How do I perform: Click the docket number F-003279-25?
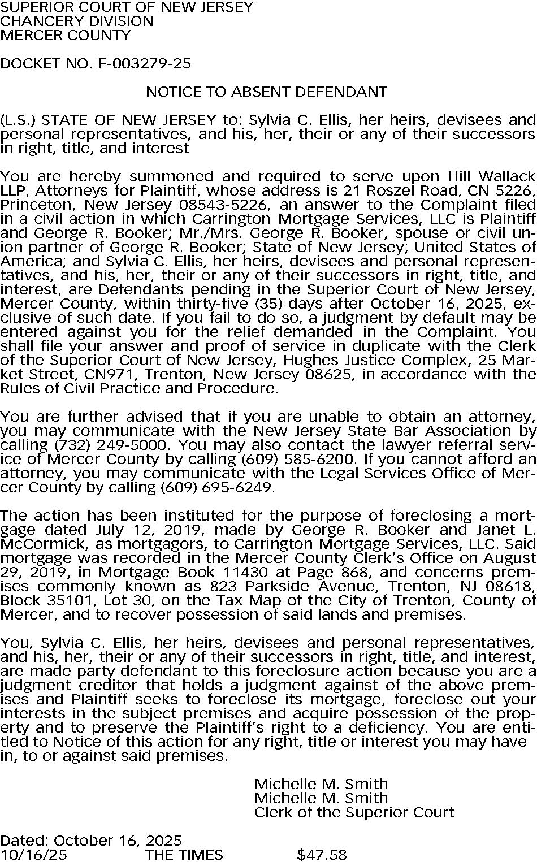144,63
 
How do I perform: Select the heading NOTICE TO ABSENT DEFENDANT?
266,92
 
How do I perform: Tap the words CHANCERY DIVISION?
77,21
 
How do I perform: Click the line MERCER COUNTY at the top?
66,35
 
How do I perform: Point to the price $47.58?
322,854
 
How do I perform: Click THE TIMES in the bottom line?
184,854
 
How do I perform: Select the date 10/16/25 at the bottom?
33,854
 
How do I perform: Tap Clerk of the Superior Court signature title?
354,812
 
